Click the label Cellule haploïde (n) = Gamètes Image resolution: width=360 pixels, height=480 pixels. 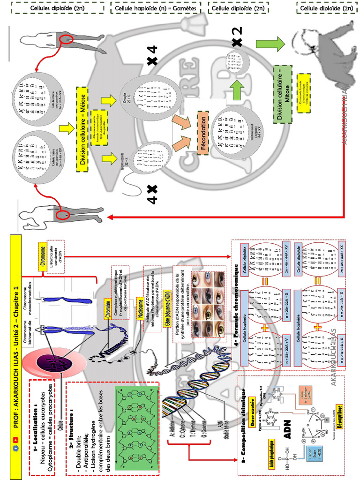pos(156,8)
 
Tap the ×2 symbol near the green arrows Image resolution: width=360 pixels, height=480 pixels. pos(237,36)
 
